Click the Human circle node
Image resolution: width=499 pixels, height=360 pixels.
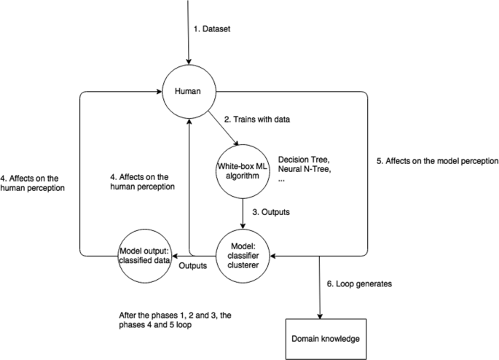click(189, 92)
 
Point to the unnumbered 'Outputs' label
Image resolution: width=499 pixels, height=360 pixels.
click(192, 265)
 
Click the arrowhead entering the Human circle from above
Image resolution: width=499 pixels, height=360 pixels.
click(189, 62)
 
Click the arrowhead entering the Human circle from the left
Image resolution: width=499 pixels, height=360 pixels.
click(160, 92)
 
